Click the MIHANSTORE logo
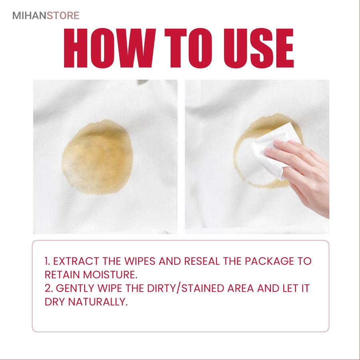point(46,16)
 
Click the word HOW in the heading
point(110,48)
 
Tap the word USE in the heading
point(259,48)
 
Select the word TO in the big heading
point(188,48)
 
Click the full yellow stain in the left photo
point(97,157)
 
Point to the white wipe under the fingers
point(273,150)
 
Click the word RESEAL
point(202,261)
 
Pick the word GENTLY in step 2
point(75,288)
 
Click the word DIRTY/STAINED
point(186,288)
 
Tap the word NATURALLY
point(98,302)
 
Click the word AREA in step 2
point(241,288)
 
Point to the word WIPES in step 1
point(140,261)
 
